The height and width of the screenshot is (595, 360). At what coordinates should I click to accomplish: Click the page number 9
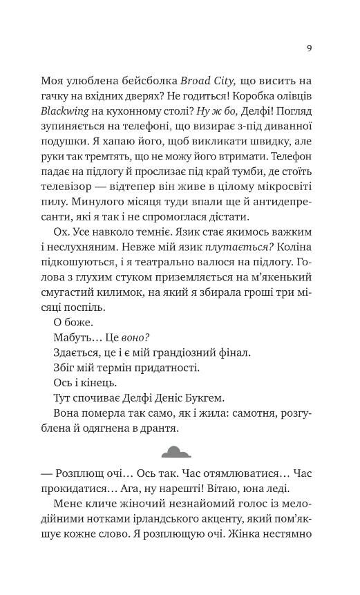[x=309, y=48]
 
